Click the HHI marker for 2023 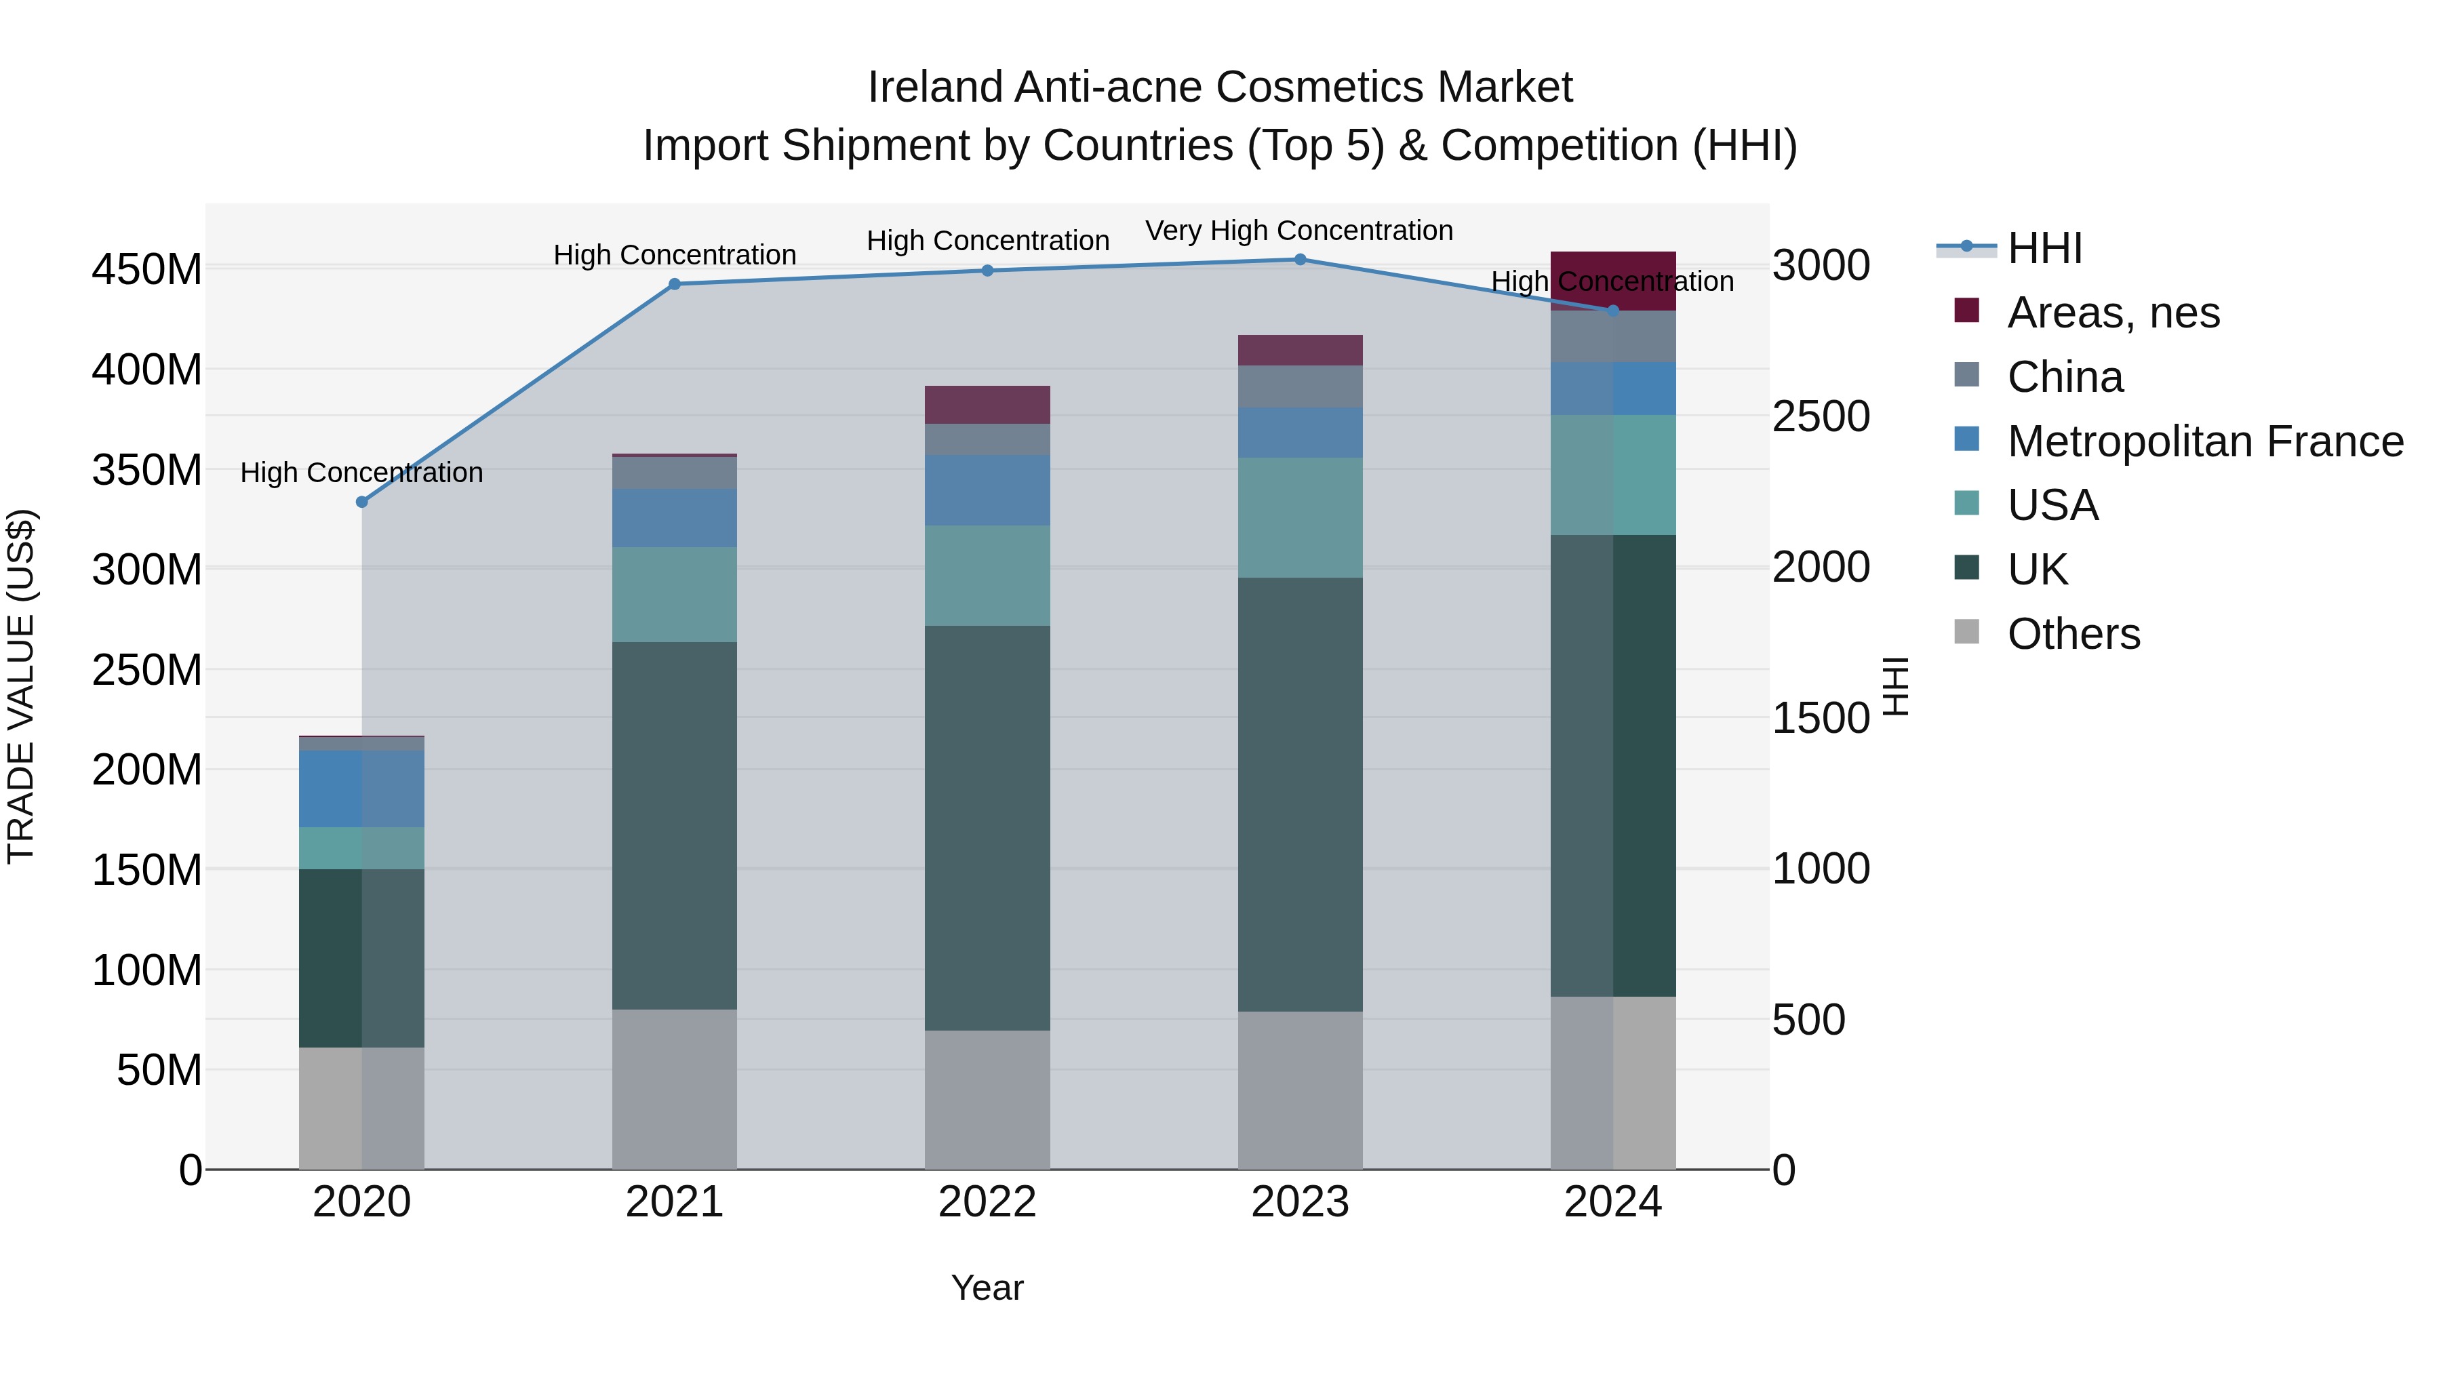click(1300, 260)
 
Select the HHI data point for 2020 click(362, 502)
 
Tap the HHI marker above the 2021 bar click(675, 284)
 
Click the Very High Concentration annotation click(1298, 231)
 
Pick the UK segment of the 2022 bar click(987, 827)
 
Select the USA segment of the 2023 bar click(1300, 517)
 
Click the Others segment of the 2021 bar click(675, 1089)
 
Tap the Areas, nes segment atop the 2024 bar click(1613, 275)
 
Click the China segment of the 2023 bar click(1300, 386)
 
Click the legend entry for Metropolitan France click(2204, 441)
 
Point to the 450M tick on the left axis click(147, 270)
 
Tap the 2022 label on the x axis click(987, 1202)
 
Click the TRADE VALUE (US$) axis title click(21, 686)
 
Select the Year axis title click(987, 1288)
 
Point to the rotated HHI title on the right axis click(1895, 686)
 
